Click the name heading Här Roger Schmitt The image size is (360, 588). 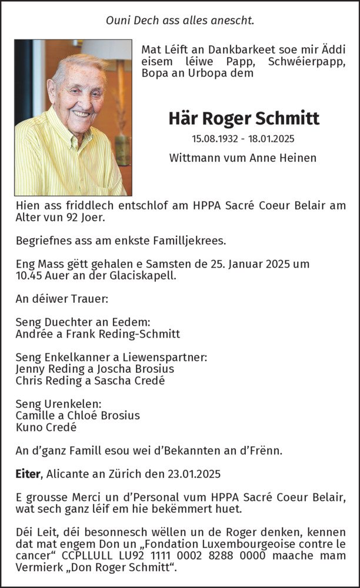pos(244,118)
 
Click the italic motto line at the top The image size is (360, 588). pos(180,21)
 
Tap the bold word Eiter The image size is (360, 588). pos(27,472)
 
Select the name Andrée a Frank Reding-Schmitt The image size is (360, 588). pos(98,333)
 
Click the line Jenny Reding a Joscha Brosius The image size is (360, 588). pos(95,369)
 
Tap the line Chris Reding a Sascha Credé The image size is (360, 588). pos(90,380)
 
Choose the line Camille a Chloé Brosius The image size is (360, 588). pos(78,415)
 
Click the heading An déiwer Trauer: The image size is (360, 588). pos(62,299)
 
